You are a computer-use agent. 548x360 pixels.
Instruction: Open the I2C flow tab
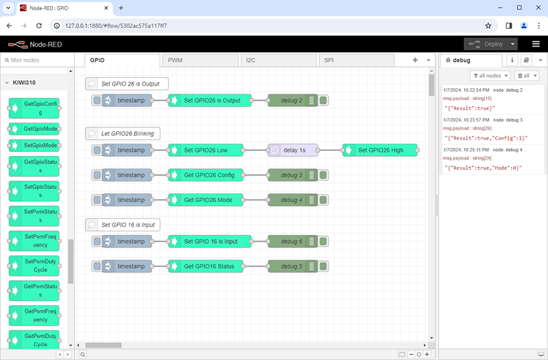tap(277, 60)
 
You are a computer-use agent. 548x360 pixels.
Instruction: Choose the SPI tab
tap(356, 60)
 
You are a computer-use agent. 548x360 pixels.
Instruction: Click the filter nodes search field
tap(40, 60)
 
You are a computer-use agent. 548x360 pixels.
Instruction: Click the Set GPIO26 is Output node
tap(212, 101)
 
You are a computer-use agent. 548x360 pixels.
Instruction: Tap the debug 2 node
tap(291, 101)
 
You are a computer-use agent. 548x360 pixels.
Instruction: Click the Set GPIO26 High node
tap(380, 150)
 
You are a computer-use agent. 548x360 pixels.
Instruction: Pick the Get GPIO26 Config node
tap(209, 175)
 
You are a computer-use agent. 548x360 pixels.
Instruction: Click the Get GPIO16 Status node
tap(209, 266)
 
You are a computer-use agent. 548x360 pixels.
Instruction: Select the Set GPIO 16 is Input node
tap(210, 242)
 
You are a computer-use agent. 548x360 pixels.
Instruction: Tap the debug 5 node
tap(291, 266)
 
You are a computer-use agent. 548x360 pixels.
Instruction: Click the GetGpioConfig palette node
tap(35, 107)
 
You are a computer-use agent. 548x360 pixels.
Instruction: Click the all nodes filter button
tap(490, 75)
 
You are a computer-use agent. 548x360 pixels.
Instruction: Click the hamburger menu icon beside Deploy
tap(536, 44)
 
